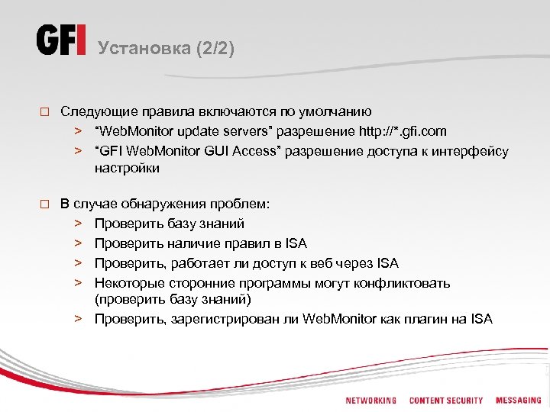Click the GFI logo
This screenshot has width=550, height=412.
click(x=61, y=40)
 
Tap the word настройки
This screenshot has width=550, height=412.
click(x=127, y=168)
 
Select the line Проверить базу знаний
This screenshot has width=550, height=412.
click(x=169, y=224)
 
